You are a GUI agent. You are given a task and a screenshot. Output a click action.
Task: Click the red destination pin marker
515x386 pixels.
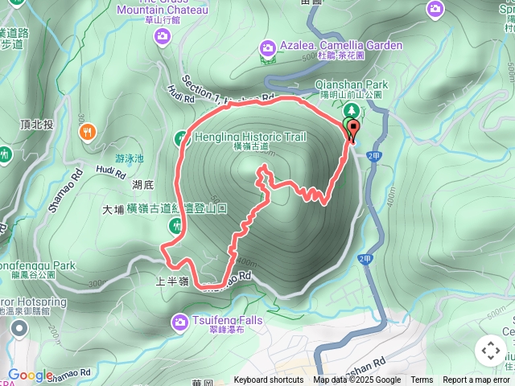[x=352, y=129]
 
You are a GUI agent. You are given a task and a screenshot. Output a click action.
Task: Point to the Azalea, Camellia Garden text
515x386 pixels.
[x=340, y=45]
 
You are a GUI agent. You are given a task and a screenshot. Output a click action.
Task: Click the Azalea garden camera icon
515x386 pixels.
[x=268, y=48]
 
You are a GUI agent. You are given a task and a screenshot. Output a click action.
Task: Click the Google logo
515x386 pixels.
[x=30, y=375]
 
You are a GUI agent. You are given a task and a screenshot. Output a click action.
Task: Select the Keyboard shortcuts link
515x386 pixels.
[x=269, y=380]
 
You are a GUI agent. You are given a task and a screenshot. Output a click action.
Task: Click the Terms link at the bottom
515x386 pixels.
[x=422, y=380]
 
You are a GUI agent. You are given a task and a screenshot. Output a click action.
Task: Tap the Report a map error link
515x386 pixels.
[x=476, y=380]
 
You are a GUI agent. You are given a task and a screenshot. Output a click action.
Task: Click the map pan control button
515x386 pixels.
[x=490, y=351]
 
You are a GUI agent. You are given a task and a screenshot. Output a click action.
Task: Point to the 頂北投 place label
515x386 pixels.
[x=37, y=124]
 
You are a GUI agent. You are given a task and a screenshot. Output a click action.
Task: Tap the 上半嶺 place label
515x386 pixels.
[x=172, y=282]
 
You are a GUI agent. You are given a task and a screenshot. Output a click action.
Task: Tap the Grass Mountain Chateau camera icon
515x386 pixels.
[x=163, y=35]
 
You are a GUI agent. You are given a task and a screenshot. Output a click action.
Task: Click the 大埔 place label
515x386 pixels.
[x=113, y=209]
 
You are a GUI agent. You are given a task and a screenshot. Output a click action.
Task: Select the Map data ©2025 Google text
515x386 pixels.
[x=356, y=380]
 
